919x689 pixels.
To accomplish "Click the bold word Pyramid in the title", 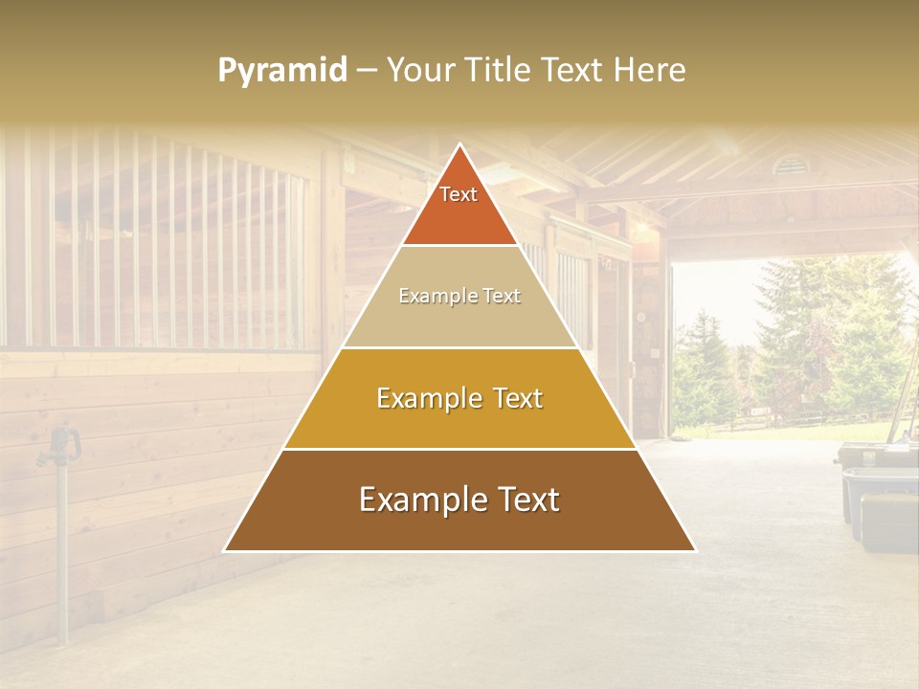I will click(282, 70).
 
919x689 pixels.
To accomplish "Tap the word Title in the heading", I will click(502, 70).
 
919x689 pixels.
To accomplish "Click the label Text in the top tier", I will click(459, 194).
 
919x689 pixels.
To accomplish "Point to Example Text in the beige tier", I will click(459, 296).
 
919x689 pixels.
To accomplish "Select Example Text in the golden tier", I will click(459, 398).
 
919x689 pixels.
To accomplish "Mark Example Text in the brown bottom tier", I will click(459, 500).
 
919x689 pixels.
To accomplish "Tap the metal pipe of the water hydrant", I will click(63, 555).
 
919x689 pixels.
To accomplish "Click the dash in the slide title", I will click(366, 70).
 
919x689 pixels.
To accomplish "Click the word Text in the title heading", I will click(573, 70).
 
